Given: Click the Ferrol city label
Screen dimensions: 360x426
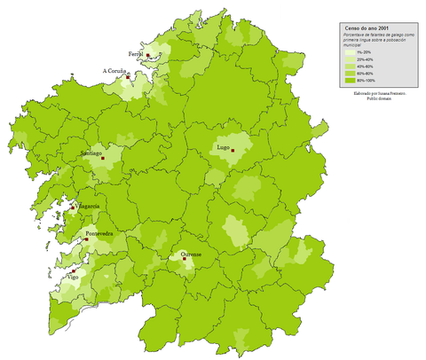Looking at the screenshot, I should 136,53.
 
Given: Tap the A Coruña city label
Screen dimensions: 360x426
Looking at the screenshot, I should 115,71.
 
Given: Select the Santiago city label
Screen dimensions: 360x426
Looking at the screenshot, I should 92,153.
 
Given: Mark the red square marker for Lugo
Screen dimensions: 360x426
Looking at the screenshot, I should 233,151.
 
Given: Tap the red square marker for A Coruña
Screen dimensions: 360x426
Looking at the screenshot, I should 128,77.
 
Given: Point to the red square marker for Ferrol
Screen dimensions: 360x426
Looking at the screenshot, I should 148,56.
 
